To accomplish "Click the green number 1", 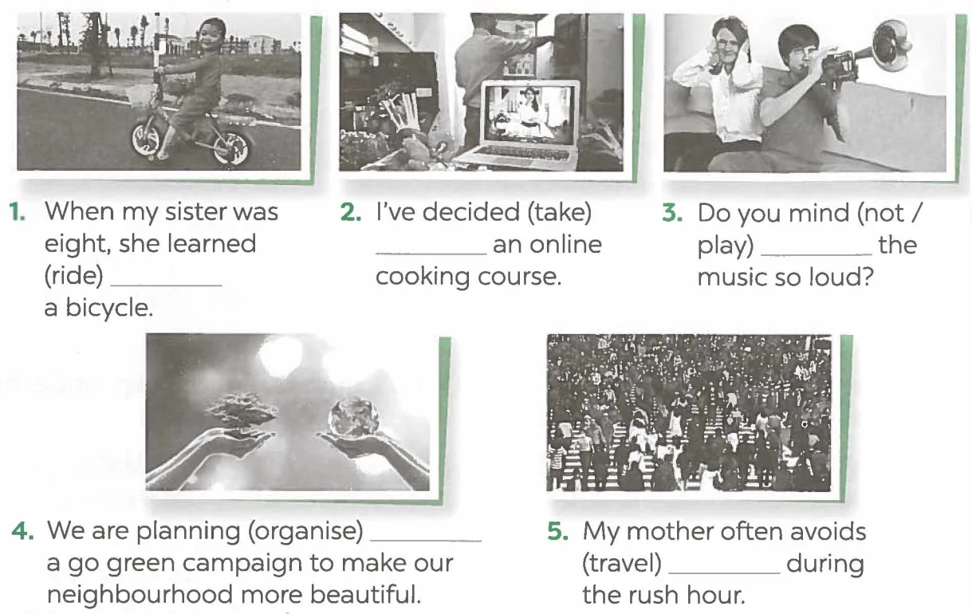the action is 17,213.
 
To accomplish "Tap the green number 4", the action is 22,531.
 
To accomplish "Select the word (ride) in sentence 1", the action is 74,276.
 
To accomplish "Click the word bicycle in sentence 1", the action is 109,308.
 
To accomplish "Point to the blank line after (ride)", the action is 167,285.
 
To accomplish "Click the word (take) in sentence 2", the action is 559,213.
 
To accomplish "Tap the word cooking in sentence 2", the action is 423,277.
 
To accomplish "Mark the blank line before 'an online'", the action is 431,254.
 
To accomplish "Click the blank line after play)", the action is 817,254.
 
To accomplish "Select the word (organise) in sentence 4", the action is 305,531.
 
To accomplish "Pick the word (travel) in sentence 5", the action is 622,564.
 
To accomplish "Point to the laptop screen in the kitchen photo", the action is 529,115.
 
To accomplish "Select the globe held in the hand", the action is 354,417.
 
